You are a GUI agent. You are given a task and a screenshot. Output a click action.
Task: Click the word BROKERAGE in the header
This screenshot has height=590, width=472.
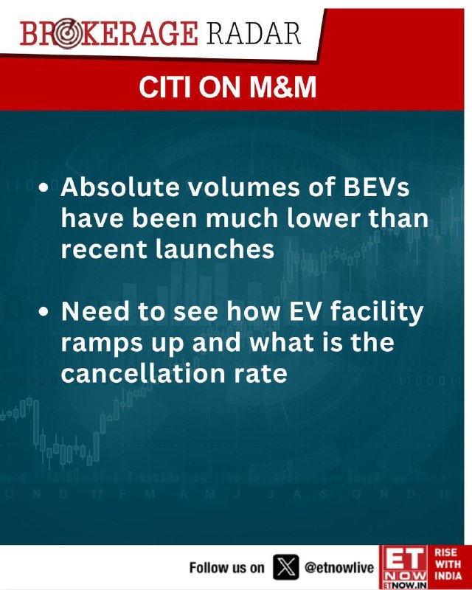point(109,34)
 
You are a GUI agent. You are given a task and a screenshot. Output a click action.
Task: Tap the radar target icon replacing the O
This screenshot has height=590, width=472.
point(66,34)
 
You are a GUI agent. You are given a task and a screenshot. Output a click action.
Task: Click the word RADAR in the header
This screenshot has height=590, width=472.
point(254,34)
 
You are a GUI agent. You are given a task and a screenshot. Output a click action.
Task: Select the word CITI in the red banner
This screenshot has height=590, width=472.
point(166,88)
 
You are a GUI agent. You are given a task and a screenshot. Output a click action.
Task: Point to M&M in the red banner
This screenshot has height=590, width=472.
point(282,88)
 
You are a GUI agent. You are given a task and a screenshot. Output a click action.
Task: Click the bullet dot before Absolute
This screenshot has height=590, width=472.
point(44,187)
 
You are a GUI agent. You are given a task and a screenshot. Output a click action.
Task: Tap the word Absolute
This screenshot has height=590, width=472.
point(120,187)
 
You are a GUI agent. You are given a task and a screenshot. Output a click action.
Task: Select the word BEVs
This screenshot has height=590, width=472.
point(376,187)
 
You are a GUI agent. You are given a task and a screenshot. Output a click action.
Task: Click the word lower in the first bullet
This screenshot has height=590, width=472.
point(322,218)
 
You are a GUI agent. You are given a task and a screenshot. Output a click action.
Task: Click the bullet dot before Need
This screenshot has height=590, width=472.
point(44,312)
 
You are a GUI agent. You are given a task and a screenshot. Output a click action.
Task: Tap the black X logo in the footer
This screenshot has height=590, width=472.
point(286,566)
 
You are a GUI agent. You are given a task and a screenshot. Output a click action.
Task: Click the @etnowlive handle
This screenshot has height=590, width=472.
point(339,567)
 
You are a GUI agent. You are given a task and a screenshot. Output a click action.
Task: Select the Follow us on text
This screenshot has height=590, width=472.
point(227,567)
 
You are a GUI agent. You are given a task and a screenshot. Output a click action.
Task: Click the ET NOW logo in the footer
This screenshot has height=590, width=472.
point(403,567)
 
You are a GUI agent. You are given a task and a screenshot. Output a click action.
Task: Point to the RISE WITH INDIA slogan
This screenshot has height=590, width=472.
point(448,563)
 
